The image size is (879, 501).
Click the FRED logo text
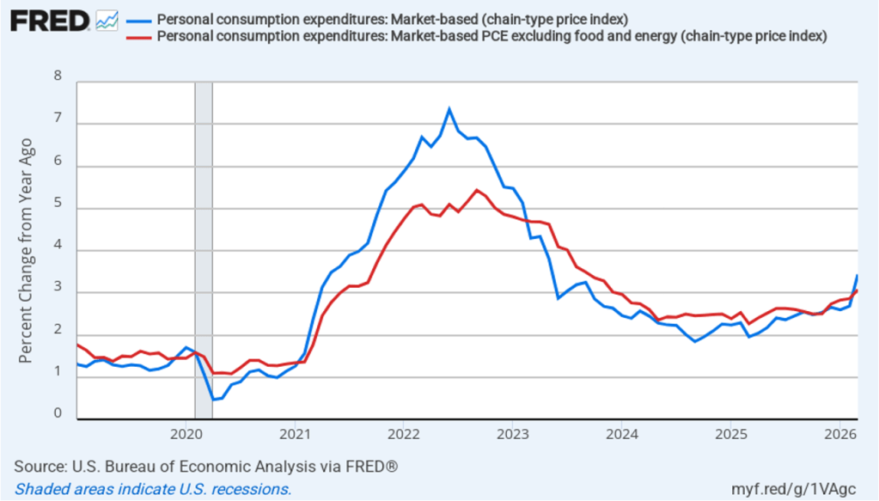(x=49, y=20)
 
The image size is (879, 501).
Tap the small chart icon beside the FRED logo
(x=107, y=20)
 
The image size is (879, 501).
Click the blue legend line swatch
(x=137, y=20)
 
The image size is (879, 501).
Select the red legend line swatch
(x=137, y=36)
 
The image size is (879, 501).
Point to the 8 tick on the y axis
(x=58, y=76)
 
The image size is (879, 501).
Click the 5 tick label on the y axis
(x=58, y=204)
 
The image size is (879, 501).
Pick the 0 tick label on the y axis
(x=58, y=414)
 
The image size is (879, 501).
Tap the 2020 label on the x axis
(x=186, y=431)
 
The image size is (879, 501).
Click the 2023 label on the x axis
(x=512, y=431)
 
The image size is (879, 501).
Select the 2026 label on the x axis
(x=839, y=431)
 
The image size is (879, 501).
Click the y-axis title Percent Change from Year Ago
(x=26, y=249)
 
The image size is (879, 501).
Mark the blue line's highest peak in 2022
(x=449, y=109)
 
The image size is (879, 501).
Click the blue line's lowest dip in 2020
(x=213, y=400)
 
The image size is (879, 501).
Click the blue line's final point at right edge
(x=858, y=275)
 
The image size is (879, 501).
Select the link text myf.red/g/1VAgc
(x=807, y=489)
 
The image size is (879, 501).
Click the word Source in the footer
(x=38, y=467)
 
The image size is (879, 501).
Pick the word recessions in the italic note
(x=251, y=489)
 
